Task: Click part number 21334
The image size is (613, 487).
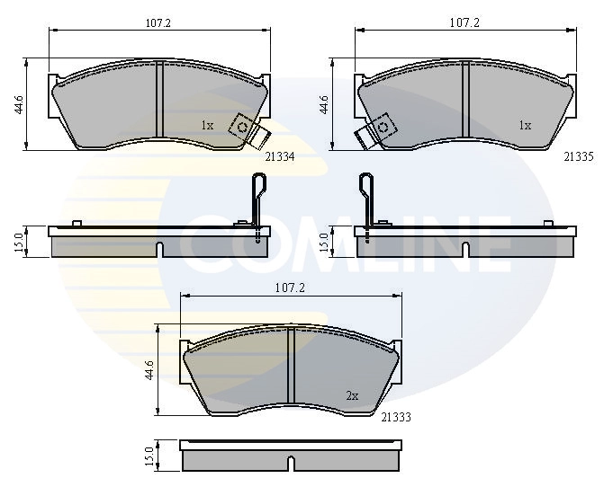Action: [280, 156]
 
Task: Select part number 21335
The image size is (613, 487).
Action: [578, 156]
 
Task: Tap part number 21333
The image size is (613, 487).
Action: [396, 417]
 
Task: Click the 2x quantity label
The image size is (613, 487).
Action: [352, 396]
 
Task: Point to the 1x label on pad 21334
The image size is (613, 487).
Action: [207, 125]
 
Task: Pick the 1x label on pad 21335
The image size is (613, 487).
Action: [525, 125]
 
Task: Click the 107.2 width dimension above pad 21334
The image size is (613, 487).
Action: [158, 23]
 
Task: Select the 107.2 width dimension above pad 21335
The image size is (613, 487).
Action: [464, 23]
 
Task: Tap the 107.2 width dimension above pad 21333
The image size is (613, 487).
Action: [290, 288]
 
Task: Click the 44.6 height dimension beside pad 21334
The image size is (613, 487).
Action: [19, 104]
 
